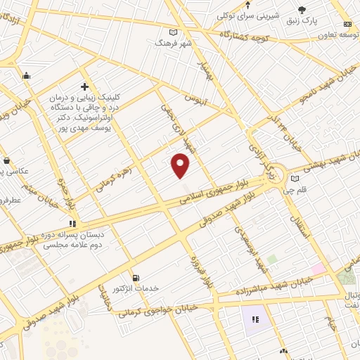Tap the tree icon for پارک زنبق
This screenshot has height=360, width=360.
302,9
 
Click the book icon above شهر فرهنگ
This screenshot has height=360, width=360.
174,32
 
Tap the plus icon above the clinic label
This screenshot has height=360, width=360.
84,86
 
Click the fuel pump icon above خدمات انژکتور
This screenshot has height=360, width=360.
136,278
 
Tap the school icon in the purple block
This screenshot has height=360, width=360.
255,320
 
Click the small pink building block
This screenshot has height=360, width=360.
319,268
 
